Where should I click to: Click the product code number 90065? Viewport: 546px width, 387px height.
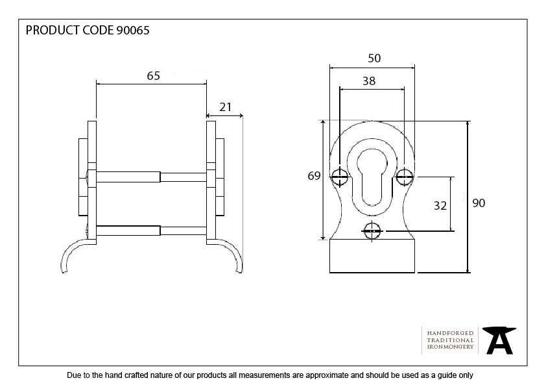(x=132, y=31)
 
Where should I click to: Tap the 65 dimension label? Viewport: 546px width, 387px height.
(x=153, y=76)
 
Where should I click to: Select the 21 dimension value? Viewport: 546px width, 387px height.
(x=226, y=107)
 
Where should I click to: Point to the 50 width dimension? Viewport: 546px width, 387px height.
(x=374, y=58)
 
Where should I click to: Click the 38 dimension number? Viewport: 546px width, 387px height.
(x=368, y=82)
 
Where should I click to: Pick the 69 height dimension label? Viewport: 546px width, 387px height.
(x=314, y=176)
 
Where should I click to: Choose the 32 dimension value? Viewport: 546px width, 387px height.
(x=440, y=206)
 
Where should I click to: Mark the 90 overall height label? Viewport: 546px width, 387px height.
(x=479, y=203)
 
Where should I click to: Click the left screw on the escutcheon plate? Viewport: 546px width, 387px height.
(x=340, y=174)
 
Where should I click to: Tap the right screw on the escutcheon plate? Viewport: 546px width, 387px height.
(x=404, y=174)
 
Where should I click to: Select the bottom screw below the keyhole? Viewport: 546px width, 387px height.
(x=372, y=230)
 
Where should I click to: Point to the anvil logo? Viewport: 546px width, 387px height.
(x=499, y=340)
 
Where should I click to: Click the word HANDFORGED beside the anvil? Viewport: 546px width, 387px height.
(x=450, y=333)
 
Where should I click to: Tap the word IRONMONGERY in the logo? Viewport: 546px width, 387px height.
(x=450, y=347)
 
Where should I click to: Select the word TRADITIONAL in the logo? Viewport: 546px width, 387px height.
(x=450, y=340)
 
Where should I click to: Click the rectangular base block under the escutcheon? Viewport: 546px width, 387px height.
(x=372, y=256)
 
